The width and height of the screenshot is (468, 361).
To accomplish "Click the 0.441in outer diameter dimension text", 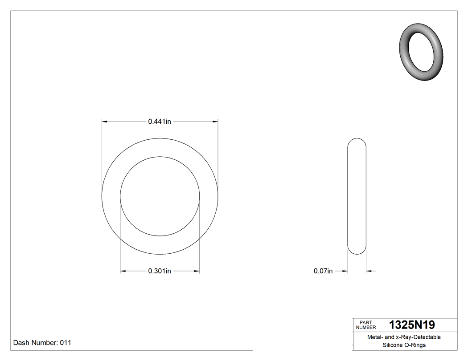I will tap(160, 121).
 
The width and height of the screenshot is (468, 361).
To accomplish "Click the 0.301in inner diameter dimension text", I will tap(160, 271).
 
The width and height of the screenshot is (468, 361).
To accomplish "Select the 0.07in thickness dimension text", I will tap(323, 271).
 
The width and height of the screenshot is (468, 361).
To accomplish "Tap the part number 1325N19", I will tap(412, 325).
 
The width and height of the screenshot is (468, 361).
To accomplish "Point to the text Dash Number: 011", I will tap(42, 343).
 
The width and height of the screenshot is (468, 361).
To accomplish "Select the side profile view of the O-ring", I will tap(357, 196).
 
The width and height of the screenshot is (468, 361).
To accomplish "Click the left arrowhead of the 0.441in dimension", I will tap(105, 121).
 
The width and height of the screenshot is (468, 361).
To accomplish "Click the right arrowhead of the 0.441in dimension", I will tap(215, 121).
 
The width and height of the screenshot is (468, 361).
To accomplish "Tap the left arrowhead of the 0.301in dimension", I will tap(123, 271).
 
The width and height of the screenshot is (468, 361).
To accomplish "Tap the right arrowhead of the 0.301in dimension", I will tap(196, 271).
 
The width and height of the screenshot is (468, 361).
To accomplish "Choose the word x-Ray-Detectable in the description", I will tap(418, 337).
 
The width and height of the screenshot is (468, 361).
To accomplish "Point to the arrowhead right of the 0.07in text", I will tap(345, 271).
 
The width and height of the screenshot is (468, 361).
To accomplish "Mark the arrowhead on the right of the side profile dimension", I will tap(369, 271).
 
